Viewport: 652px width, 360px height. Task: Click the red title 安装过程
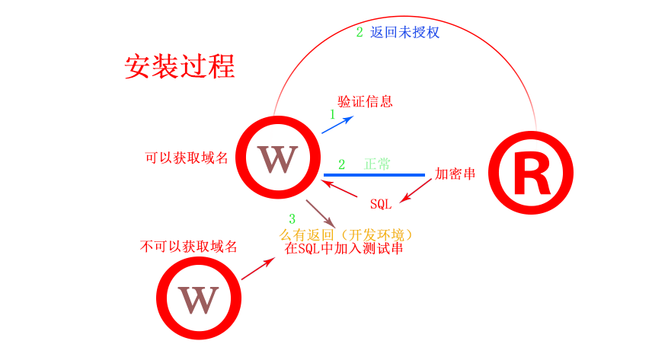180,66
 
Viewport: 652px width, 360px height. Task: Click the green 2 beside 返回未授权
360,33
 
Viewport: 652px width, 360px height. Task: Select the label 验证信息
365,101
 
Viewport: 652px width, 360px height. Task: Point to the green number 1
332,114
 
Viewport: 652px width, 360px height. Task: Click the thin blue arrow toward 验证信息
337,125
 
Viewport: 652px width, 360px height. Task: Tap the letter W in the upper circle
276,158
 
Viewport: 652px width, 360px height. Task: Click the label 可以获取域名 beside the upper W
187,158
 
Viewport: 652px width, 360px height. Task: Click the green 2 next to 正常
341,164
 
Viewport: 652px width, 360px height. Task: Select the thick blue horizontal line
374,175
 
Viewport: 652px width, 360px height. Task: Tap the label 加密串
455,174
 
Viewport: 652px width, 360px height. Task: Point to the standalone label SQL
381,204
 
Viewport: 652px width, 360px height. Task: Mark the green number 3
292,219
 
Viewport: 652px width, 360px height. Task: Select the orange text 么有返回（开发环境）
347,234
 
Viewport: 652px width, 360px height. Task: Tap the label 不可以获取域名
189,247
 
